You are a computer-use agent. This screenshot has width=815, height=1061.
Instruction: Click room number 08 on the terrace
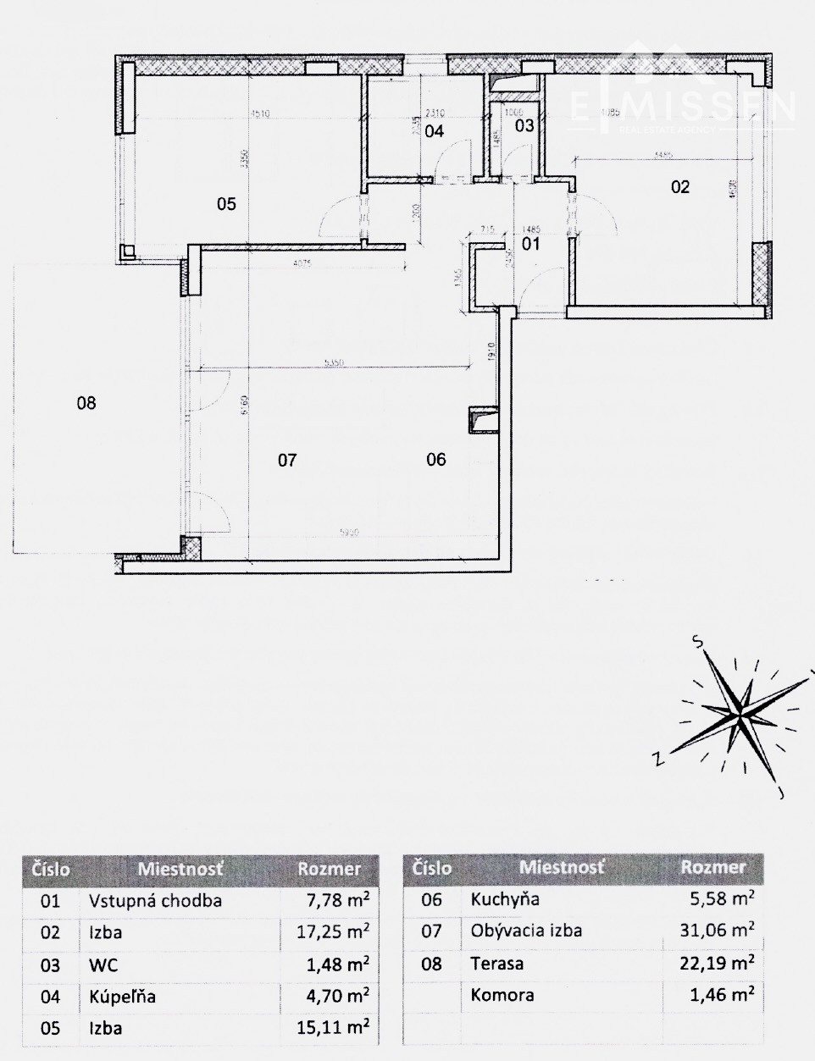coord(86,403)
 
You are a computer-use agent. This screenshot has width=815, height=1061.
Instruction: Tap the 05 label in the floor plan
coord(226,204)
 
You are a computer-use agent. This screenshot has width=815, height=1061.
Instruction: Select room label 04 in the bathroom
coord(435,131)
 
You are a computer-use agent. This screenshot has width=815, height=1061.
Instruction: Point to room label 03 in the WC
coord(525,126)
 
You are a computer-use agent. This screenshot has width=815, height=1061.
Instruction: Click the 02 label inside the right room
coord(680,187)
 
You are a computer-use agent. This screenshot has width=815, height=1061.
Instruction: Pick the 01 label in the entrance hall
coord(530,245)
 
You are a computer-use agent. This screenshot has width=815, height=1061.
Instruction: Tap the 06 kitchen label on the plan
coord(436,460)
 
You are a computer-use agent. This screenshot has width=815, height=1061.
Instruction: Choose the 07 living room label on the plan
coord(287,461)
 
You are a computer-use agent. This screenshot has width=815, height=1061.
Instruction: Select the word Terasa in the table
coord(497,964)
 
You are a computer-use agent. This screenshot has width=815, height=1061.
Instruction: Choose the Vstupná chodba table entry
coord(155,900)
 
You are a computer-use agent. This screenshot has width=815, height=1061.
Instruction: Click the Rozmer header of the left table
coord(330,869)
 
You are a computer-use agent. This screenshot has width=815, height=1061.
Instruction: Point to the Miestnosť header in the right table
coord(562,867)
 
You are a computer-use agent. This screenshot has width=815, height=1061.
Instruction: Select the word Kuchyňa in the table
coord(505,899)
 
